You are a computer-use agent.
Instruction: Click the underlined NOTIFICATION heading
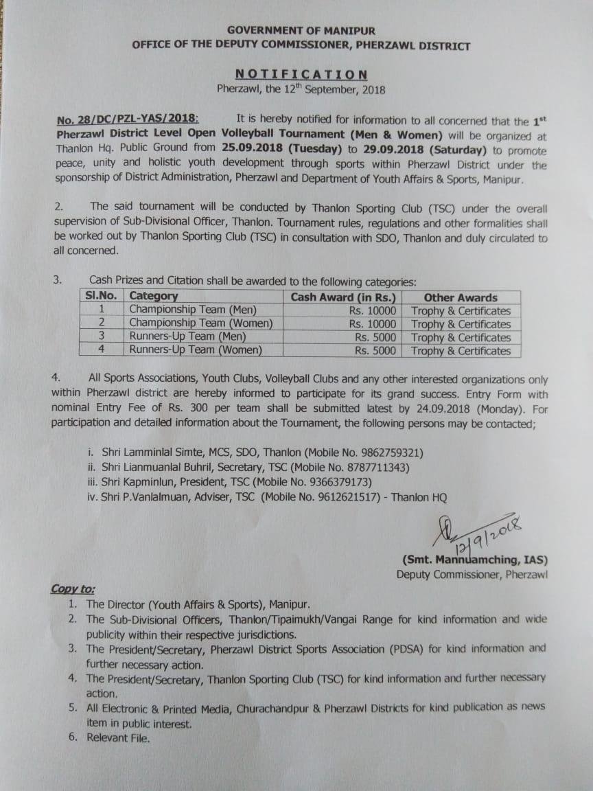301,74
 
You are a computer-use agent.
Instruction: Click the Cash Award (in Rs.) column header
343,297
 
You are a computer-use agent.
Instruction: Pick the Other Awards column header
461,297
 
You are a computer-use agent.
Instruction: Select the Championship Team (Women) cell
201,323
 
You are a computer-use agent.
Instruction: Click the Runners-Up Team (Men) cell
187,336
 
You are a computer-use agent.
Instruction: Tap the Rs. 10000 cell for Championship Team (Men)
372,310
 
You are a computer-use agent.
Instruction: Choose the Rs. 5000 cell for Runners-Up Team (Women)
375,350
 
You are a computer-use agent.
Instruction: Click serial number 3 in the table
101,336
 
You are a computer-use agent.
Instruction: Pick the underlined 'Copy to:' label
73,589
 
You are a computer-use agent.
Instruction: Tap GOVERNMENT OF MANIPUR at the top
301,31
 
